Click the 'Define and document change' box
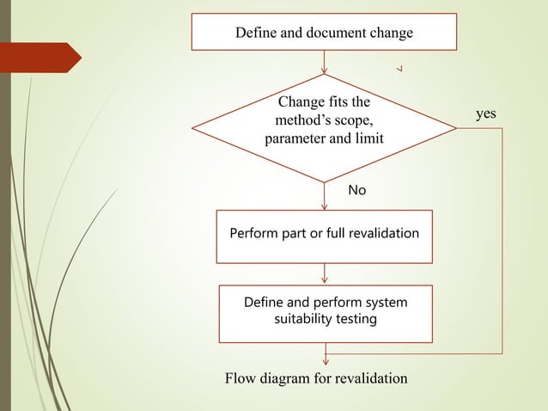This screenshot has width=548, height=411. coord(324,34)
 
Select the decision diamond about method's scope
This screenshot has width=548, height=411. coord(324,126)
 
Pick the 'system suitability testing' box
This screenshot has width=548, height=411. coord(324,312)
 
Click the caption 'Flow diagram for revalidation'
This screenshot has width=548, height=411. coord(316,378)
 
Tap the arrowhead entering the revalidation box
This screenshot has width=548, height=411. coord(325,206)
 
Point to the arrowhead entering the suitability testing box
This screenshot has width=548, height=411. coord(325,280)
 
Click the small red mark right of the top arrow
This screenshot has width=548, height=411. coord(400,67)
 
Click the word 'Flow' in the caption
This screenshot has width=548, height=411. coord(240,378)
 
